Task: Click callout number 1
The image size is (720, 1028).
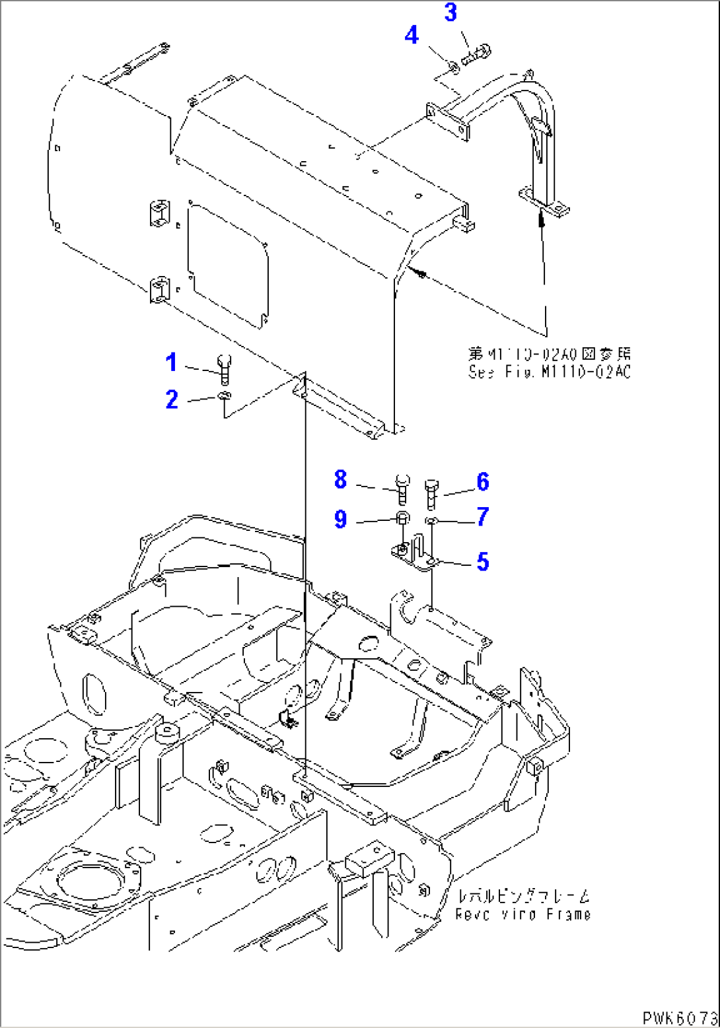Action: point(171,362)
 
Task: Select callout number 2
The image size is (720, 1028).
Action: point(172,399)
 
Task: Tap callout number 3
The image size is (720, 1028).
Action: point(450,13)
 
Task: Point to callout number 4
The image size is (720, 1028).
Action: point(412,35)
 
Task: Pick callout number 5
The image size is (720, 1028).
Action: point(483,563)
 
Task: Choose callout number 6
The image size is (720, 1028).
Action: point(483,482)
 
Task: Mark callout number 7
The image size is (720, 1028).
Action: point(483,516)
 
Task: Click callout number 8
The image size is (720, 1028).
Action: point(340,479)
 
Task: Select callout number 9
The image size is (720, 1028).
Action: point(340,520)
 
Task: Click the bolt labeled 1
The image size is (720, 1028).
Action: point(224,367)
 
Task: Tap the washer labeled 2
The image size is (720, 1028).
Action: point(224,396)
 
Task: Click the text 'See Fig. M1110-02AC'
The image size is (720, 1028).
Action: point(550,372)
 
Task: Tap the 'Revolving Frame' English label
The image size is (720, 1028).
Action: point(522,914)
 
